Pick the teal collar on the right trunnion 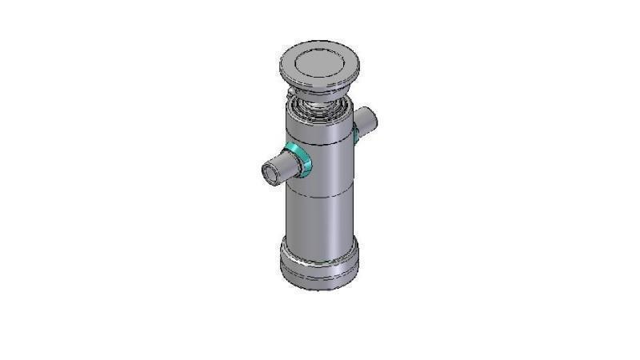(355, 133)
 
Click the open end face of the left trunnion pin (271, 172)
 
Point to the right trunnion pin (366, 120)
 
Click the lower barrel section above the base (319, 220)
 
